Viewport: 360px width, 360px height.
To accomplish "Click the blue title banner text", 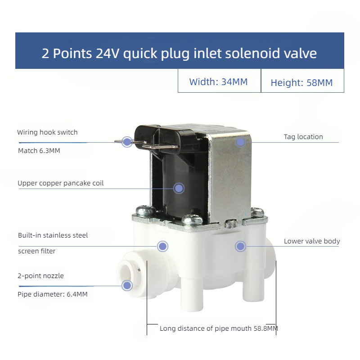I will point(179,54).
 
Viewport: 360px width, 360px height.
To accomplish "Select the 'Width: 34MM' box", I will point(218,82).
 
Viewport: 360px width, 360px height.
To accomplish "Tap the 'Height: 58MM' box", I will point(301,82).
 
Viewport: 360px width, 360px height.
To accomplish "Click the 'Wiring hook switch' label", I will point(47,132).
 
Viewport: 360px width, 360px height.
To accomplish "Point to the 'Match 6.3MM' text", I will point(39,151).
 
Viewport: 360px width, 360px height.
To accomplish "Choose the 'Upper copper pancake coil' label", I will point(60,183).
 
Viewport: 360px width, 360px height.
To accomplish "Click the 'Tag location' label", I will point(303,137).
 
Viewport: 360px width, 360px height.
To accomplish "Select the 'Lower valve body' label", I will point(311,241).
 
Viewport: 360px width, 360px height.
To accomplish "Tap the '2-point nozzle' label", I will point(40,276).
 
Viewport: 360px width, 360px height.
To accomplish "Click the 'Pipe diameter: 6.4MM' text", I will point(52,294).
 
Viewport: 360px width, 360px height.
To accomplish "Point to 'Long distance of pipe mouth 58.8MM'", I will point(219,328).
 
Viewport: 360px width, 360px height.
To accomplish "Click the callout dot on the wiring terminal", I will point(127,142).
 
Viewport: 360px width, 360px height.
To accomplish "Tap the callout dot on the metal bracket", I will point(241,142).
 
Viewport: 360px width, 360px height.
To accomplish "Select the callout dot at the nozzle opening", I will point(127,284).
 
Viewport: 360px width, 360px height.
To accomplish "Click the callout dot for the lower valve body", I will point(241,246).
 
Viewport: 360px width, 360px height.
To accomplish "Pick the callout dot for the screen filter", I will point(162,246).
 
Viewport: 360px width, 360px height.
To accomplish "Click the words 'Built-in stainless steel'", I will point(53,235).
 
